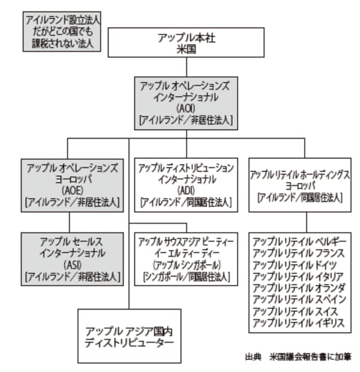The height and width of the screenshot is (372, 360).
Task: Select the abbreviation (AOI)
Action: point(185,108)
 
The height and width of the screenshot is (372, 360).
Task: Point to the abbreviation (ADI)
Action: point(186,190)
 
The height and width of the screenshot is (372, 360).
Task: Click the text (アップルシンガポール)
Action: point(186,265)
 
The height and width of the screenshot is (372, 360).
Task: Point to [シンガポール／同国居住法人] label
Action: point(186,277)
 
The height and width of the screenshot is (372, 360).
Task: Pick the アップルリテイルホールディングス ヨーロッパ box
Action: point(300,185)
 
